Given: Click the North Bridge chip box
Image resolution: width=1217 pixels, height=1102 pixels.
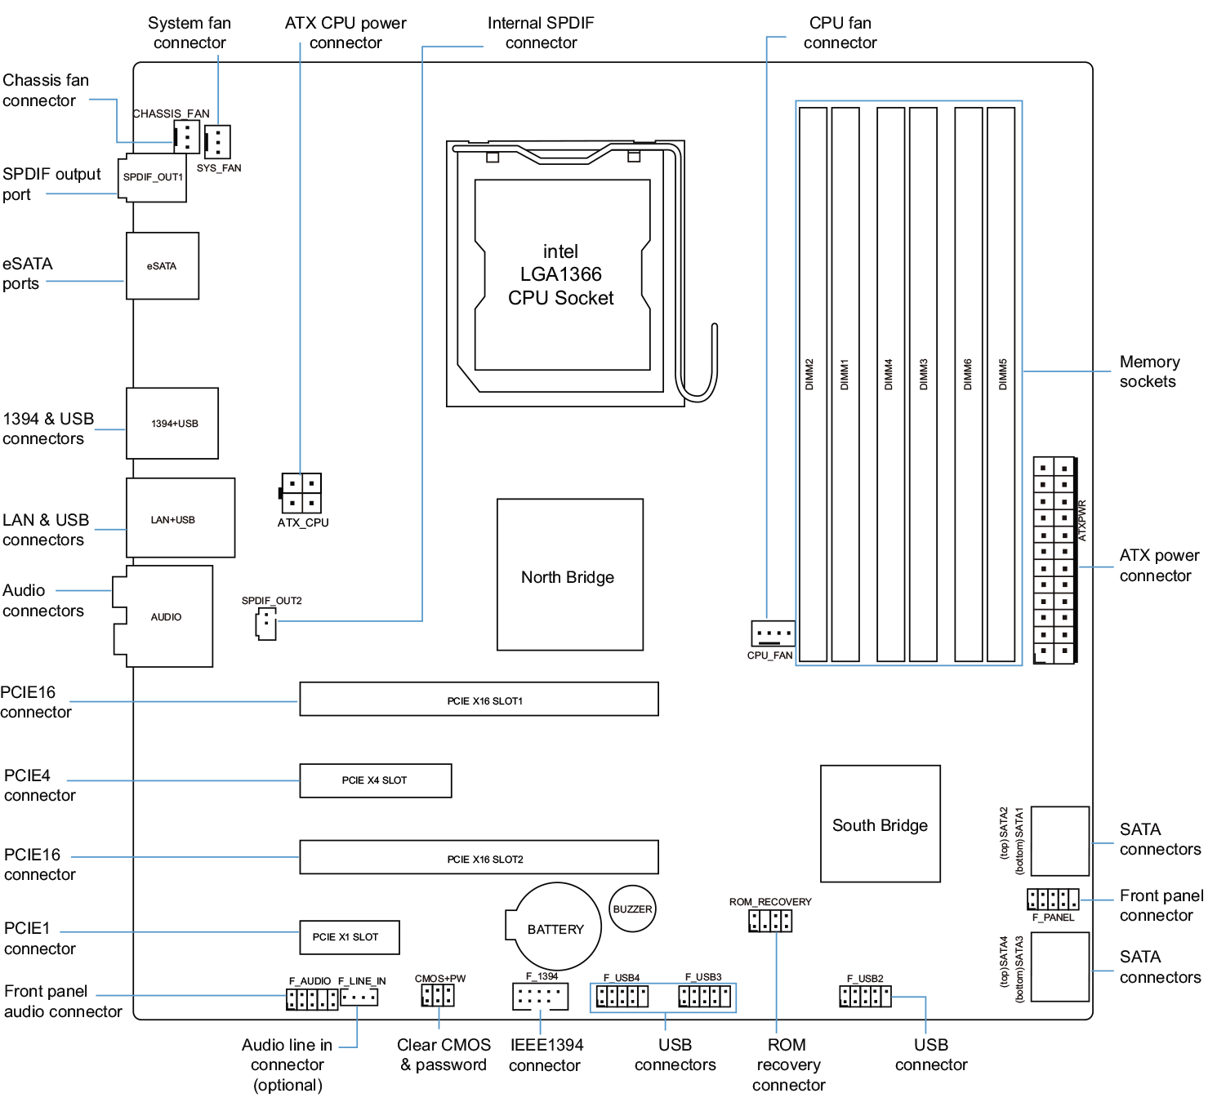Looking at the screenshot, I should [x=569, y=575].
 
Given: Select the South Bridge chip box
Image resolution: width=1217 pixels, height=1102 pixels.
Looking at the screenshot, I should [x=880, y=824].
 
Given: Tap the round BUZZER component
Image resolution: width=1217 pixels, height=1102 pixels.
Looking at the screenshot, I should [x=632, y=909].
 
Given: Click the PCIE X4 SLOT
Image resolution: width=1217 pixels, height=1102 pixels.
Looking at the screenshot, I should [x=375, y=780].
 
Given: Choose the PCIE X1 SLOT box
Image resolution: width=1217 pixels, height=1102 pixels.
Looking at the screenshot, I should [x=349, y=937].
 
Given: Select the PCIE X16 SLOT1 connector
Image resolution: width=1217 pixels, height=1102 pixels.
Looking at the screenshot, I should [x=479, y=700].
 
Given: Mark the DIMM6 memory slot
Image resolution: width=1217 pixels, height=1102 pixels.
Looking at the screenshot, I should [x=968, y=384].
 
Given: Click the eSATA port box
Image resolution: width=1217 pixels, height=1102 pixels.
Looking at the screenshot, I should [x=163, y=266].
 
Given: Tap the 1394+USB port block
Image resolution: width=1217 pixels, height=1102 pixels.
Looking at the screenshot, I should [x=172, y=423].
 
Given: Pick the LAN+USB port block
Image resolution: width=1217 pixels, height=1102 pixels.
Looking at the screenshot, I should [x=181, y=518].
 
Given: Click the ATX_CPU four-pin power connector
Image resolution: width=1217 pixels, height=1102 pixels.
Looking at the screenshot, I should [x=301, y=493].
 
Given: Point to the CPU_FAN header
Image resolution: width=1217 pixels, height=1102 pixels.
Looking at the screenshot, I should [x=772, y=633].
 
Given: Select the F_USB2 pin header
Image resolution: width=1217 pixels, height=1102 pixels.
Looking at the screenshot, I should [x=865, y=996].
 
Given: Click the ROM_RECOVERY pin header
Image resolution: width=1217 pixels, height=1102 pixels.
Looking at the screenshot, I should [x=770, y=921].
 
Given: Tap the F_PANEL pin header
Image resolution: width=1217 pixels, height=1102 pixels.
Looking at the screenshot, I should [x=1053, y=900].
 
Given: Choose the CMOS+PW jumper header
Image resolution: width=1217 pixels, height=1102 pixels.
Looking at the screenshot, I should [x=438, y=995].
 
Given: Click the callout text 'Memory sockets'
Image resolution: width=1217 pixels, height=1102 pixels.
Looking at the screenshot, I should [x=1148, y=371].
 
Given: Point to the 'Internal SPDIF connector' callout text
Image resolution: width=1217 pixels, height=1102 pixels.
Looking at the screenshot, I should [x=541, y=33].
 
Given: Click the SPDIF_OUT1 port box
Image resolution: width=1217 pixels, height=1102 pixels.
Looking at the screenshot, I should [x=153, y=178].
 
